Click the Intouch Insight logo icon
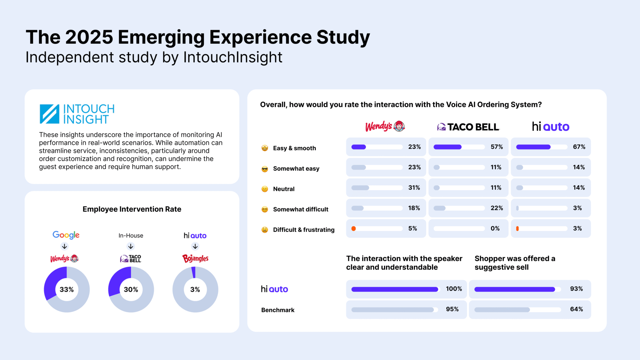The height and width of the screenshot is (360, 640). (49, 114)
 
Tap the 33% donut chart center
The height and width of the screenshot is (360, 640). (67, 289)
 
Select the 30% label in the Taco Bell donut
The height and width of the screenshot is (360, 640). (131, 289)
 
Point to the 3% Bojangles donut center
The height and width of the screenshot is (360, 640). (195, 289)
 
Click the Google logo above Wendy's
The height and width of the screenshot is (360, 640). (66, 235)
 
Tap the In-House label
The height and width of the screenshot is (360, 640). (131, 236)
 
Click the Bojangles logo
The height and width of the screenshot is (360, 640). (195, 258)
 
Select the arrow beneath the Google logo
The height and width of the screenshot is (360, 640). (64, 246)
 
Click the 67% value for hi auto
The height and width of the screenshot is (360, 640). (579, 147)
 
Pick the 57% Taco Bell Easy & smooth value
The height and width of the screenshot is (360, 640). (497, 147)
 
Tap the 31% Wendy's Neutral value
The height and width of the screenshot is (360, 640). (414, 187)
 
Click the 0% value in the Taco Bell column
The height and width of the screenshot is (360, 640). (495, 228)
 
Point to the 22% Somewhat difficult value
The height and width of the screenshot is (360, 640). (497, 208)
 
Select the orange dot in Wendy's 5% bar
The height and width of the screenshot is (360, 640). (354, 228)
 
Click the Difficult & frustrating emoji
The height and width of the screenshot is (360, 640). (265, 230)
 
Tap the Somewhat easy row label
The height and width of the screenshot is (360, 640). (296, 169)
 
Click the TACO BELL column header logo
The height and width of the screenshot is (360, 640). (468, 127)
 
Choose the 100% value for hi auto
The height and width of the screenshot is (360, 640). (454, 289)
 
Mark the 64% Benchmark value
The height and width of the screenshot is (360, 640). (576, 309)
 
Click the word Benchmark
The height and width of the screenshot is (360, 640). (278, 310)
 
